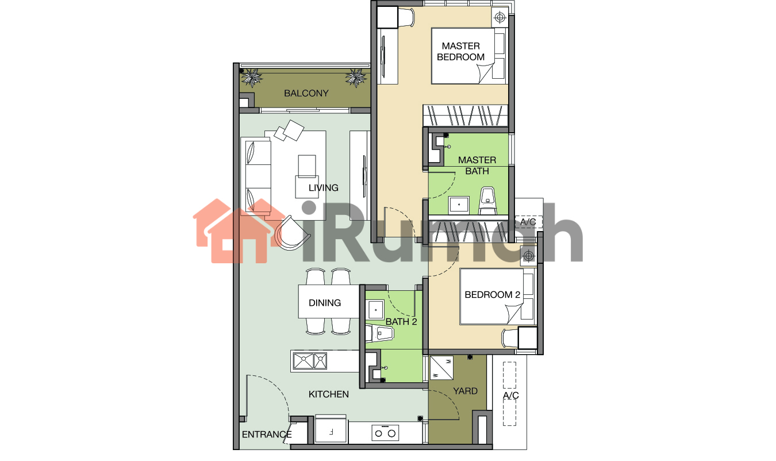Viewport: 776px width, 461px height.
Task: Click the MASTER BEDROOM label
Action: click(x=460, y=51)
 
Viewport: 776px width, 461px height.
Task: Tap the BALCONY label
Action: click(x=306, y=93)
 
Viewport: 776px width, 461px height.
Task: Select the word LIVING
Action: click(x=323, y=188)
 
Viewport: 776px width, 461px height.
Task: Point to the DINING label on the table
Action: click(x=325, y=303)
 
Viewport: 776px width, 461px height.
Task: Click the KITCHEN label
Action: click(x=328, y=394)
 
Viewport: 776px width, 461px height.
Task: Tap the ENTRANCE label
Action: click(x=266, y=435)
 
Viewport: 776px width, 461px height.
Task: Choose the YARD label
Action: click(x=465, y=391)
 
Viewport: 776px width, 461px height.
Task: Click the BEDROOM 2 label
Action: click(x=492, y=295)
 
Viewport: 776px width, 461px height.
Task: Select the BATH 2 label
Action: click(x=401, y=322)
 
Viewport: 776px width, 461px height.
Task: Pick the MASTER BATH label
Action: click(x=477, y=166)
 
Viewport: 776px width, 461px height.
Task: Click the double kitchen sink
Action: click(x=310, y=361)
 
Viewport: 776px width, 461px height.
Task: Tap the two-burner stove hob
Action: click(x=385, y=433)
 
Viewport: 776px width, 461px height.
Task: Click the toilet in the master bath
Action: click(x=487, y=201)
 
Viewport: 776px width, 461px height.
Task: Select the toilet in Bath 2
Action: click(x=380, y=333)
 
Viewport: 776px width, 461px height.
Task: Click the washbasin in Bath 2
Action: click(x=375, y=310)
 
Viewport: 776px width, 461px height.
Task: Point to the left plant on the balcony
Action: click(x=251, y=77)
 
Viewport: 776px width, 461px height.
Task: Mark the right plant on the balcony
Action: click(x=355, y=78)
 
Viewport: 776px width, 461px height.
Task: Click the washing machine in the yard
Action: click(x=441, y=367)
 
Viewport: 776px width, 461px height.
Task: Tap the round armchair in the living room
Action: click(x=292, y=233)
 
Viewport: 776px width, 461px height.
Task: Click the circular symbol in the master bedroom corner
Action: click(x=500, y=17)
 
